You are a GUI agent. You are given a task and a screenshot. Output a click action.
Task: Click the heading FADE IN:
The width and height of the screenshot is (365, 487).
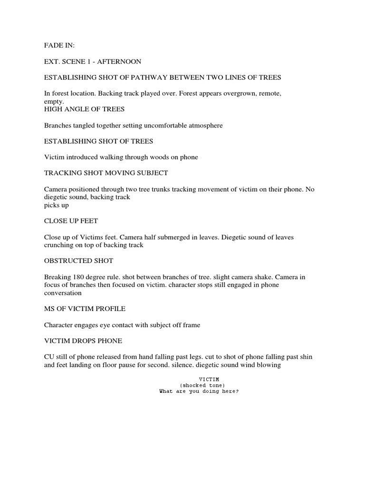59,45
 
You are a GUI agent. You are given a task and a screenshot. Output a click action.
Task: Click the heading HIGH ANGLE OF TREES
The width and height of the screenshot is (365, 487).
84,109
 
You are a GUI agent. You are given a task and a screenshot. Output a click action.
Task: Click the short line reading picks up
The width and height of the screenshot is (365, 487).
56,205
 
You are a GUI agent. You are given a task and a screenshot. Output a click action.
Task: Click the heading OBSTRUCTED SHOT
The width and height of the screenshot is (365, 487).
78,261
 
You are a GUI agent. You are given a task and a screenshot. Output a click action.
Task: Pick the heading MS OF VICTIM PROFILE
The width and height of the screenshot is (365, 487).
85,309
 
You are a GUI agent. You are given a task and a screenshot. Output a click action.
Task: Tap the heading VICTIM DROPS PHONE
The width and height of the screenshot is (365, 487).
83,341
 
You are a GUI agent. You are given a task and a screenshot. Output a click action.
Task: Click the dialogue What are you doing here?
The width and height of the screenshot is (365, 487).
198,391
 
